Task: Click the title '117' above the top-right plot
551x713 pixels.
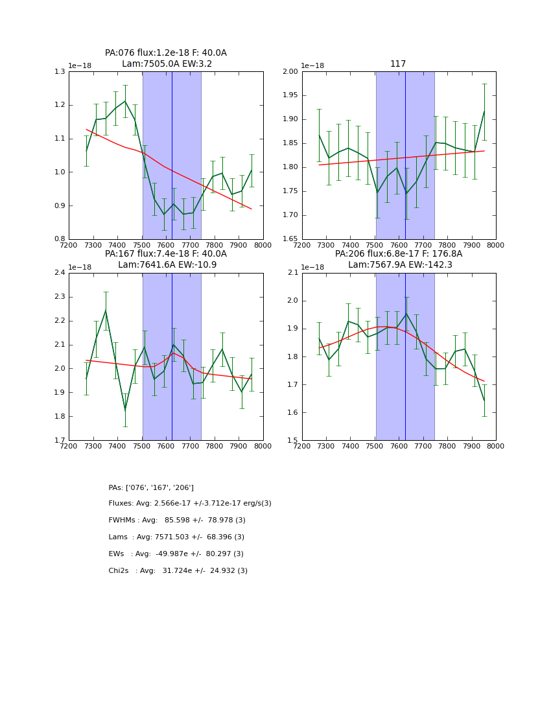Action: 398,64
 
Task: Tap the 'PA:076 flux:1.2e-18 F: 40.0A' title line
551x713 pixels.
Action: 166,53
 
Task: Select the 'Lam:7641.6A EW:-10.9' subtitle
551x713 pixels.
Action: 167,265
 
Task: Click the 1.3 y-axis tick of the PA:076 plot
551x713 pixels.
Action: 60,71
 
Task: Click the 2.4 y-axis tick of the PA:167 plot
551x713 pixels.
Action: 60,273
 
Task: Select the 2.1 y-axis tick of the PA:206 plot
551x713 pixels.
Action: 293,273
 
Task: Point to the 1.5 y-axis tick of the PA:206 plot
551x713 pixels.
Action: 293,441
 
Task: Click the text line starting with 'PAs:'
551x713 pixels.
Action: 151,487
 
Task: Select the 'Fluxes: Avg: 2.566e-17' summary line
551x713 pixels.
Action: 190,504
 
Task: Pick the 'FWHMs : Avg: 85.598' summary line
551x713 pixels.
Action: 177,520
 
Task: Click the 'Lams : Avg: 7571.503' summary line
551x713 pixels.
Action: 176,537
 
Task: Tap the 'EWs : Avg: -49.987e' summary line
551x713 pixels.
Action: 176,554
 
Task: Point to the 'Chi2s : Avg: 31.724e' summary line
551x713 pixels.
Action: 178,571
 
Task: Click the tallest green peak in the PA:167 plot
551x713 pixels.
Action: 106,310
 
